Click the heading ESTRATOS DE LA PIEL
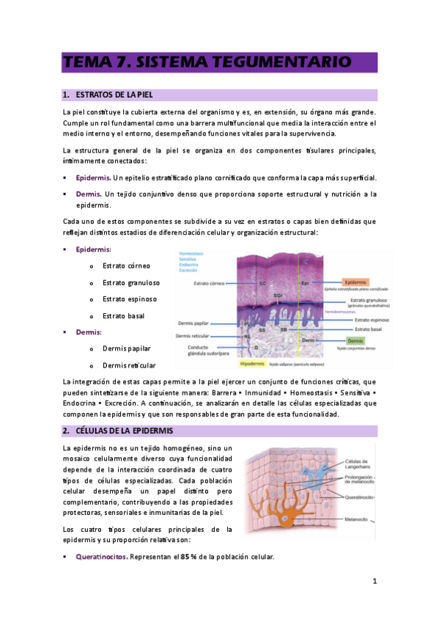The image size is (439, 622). point(117,95)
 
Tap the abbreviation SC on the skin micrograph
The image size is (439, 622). point(262,282)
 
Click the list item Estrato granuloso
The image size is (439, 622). point(131,282)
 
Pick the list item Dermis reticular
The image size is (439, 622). point(129,365)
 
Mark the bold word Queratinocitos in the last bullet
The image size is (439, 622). point(102,557)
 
